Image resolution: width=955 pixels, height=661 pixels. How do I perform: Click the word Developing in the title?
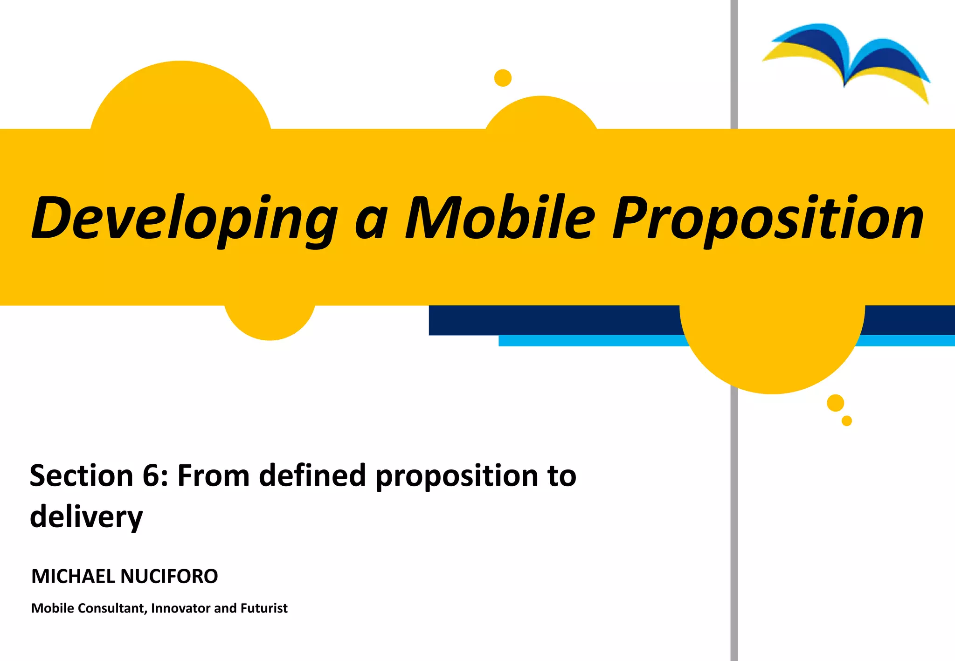[184, 218]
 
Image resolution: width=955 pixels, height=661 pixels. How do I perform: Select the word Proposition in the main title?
[768, 218]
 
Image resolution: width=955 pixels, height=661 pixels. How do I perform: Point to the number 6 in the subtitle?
[150, 475]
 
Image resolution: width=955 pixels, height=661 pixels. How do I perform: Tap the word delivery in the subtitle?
[86, 517]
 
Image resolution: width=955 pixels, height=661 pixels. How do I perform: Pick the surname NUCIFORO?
[169, 577]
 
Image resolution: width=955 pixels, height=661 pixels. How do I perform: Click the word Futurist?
[264, 608]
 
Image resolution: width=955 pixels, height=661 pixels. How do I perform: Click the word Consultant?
[111, 608]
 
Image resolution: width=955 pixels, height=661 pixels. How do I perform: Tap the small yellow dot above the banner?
[503, 78]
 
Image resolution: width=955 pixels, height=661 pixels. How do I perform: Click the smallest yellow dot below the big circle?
[847, 421]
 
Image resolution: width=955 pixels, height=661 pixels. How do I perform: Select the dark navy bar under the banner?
[550, 320]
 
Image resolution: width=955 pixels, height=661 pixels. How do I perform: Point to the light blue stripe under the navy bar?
[592, 341]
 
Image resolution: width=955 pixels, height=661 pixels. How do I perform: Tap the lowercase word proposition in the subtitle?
[457, 476]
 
